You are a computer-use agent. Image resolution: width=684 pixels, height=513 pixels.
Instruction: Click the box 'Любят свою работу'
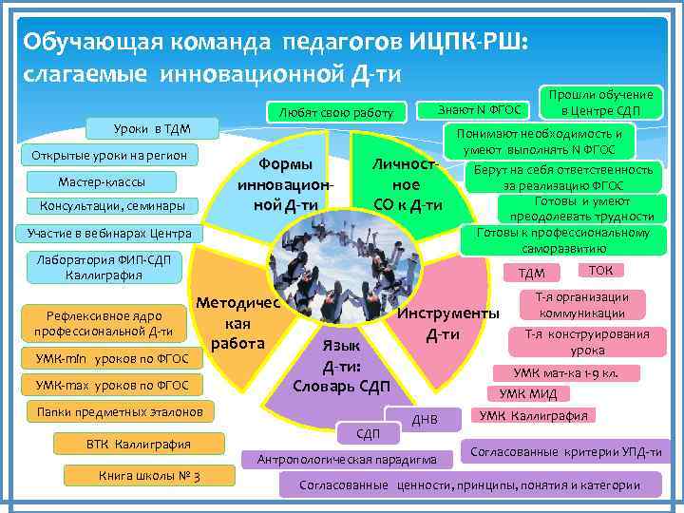point(335,113)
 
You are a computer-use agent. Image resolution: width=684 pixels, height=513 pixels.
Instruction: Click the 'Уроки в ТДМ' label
point(141,127)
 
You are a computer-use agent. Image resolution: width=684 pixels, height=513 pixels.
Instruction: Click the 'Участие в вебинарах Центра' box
point(109,233)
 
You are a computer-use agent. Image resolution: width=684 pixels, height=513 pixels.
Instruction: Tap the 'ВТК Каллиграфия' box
point(139,444)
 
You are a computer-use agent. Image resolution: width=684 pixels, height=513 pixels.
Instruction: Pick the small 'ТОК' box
point(600,271)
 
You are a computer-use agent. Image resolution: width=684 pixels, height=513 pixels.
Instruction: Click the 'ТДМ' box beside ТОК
point(531,274)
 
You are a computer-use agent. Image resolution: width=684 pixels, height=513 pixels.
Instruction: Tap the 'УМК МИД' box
point(528,393)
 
